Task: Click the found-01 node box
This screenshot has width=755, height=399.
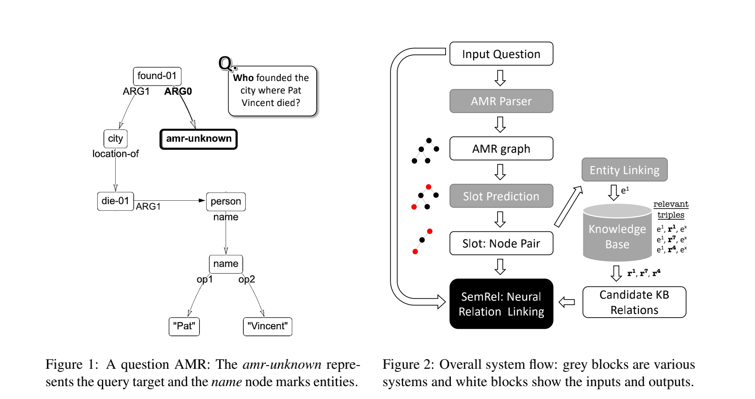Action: click(157, 76)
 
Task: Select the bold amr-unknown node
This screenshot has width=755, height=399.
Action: click(199, 139)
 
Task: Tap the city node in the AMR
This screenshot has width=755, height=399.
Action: click(115, 139)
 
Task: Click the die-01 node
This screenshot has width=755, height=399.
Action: click(115, 201)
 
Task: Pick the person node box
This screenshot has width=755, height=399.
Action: click(226, 201)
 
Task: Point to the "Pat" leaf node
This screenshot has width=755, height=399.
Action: click(184, 326)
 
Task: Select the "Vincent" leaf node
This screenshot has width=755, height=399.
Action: click(268, 326)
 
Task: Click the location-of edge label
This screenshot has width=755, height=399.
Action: click(115, 154)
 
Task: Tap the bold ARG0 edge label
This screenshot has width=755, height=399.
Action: click(178, 91)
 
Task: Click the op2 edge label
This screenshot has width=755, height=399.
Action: click(247, 279)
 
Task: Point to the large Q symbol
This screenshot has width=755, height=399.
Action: click(226, 63)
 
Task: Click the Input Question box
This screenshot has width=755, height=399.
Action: click(501, 54)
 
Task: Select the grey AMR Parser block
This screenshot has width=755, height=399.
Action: click(501, 101)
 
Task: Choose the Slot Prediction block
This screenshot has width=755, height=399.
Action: click(501, 196)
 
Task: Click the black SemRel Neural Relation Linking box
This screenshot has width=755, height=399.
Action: click(501, 304)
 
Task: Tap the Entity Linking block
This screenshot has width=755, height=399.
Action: click(624, 170)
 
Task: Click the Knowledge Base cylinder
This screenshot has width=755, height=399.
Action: click(617, 234)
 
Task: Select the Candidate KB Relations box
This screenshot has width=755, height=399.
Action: click(634, 302)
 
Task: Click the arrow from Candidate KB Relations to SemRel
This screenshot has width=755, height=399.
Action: click(567, 302)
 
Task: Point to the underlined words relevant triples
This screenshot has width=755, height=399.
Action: click(671, 209)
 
